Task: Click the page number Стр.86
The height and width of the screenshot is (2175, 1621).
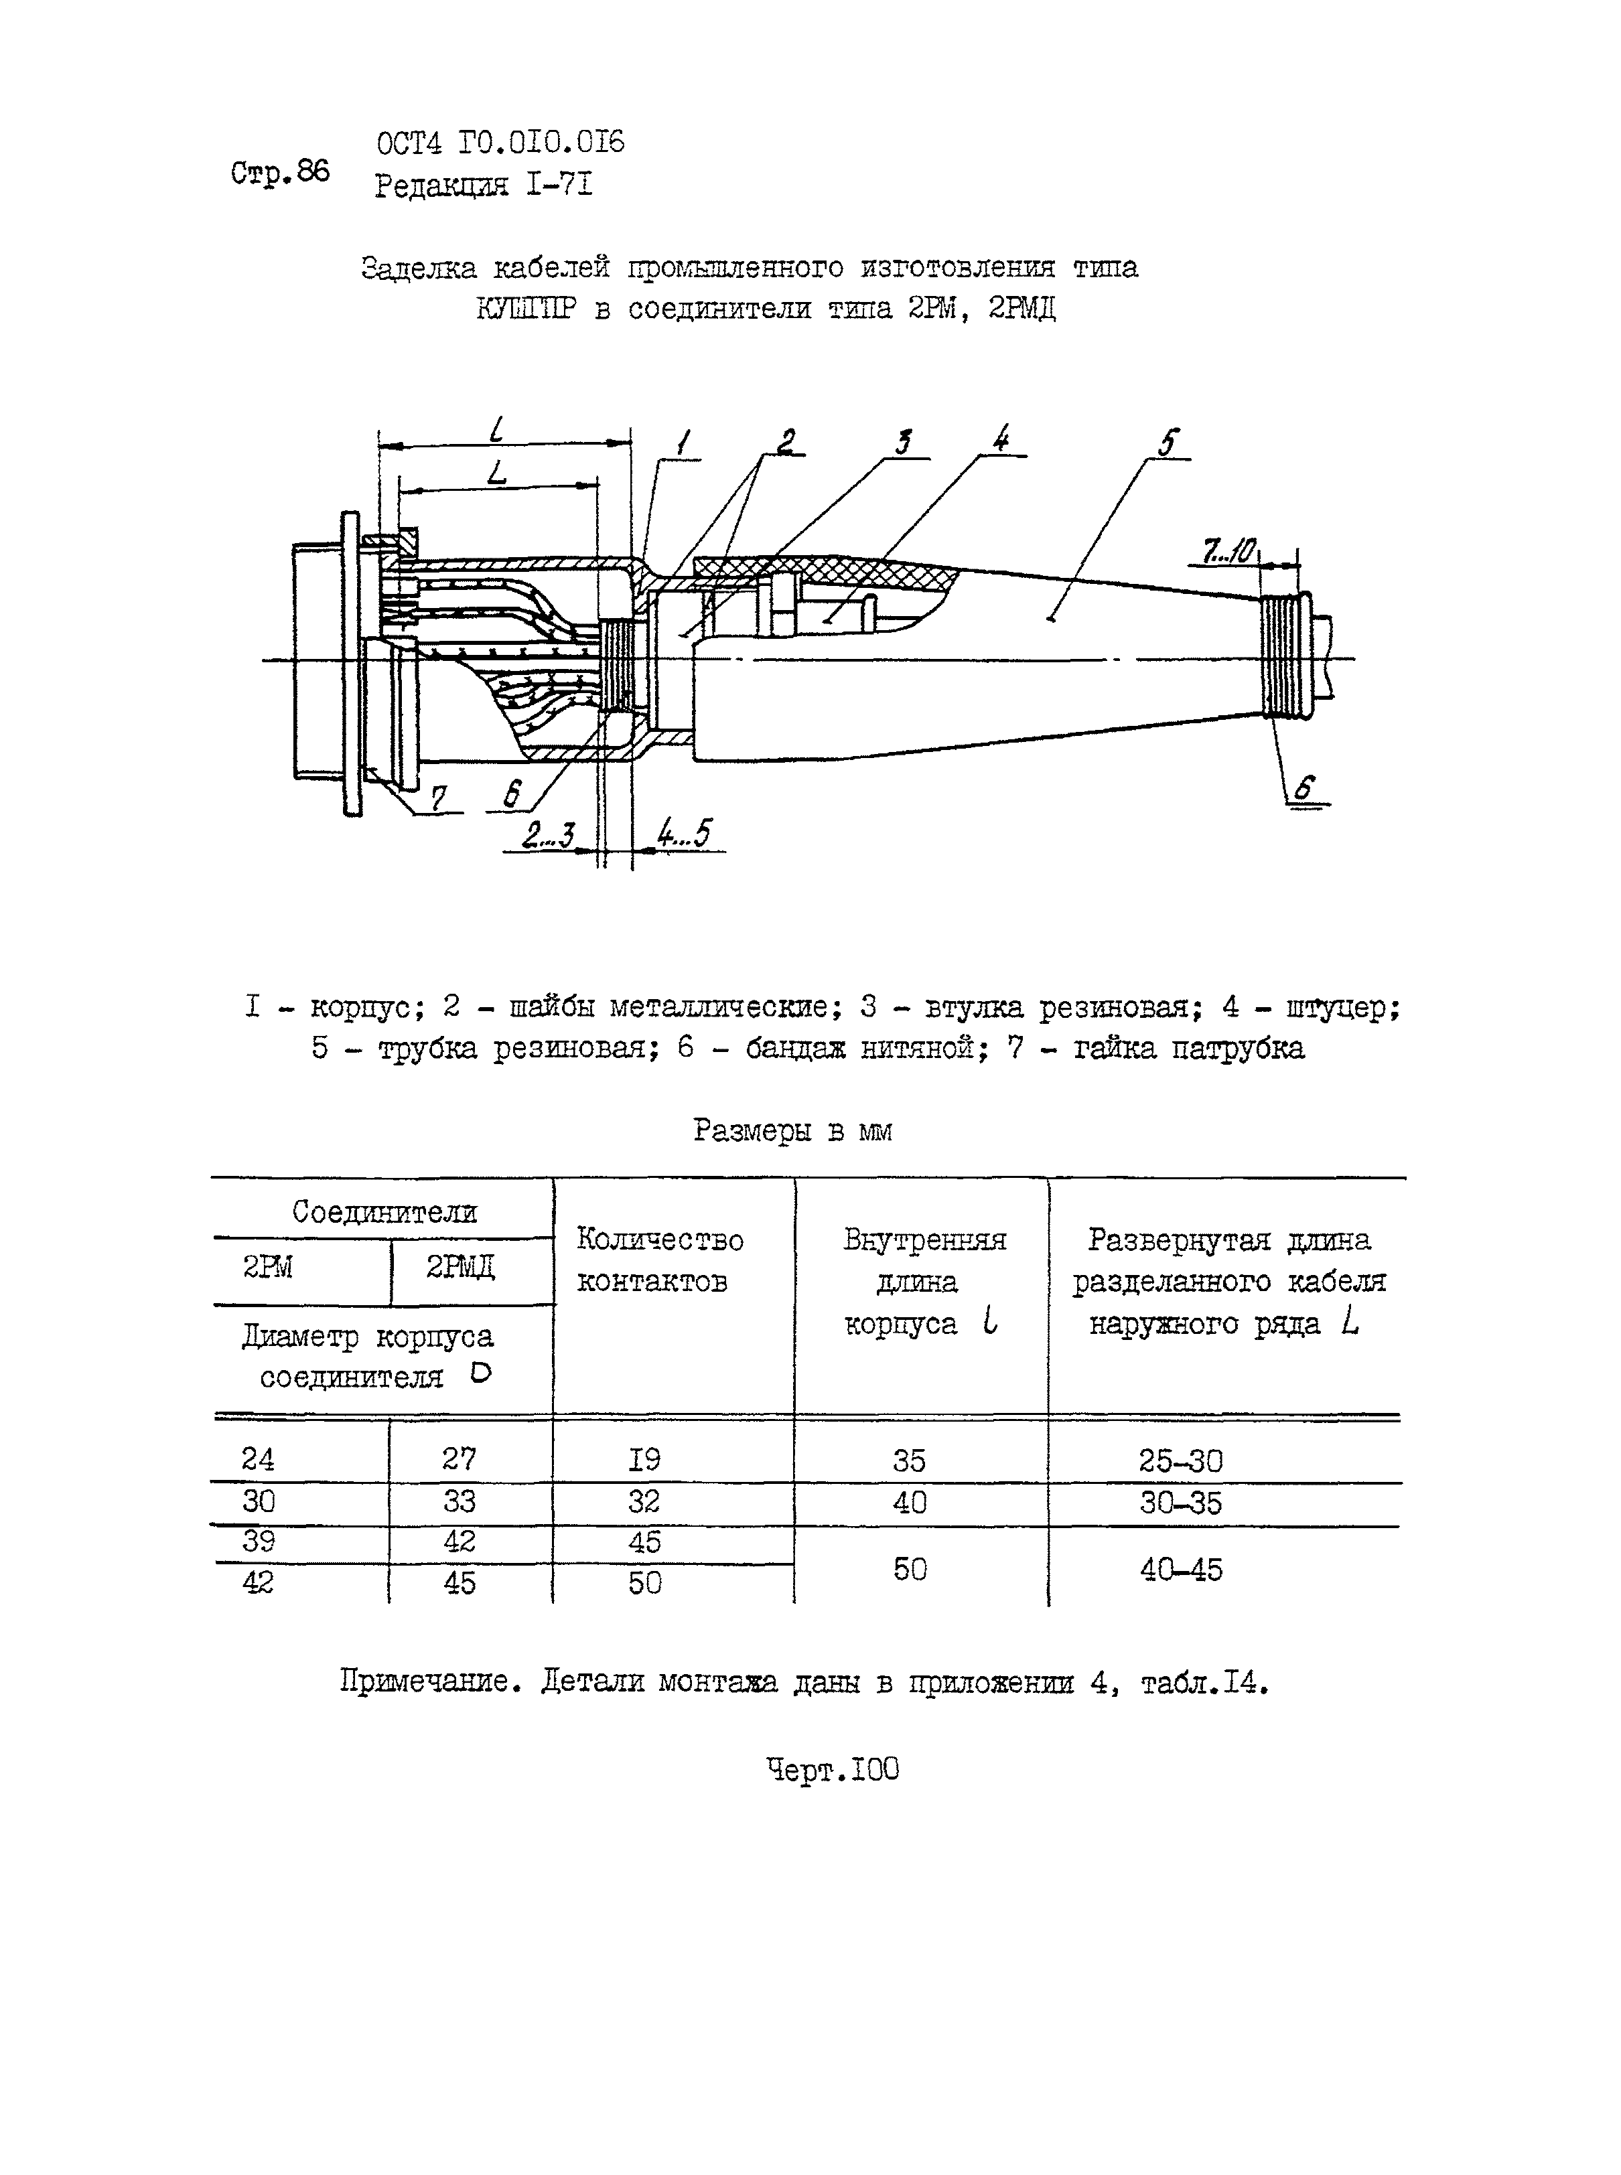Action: pos(281,173)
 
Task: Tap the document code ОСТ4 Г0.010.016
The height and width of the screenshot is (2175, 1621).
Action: pos(500,143)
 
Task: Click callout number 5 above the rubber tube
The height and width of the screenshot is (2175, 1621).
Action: pos(1167,443)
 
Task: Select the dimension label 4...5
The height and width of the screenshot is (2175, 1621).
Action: pos(684,834)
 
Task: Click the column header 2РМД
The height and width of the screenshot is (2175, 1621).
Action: pos(460,1268)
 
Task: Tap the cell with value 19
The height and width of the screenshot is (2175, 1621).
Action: pos(644,1459)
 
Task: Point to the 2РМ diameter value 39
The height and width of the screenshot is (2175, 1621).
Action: pos(258,1542)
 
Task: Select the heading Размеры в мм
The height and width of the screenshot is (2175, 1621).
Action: pos(793,1130)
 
